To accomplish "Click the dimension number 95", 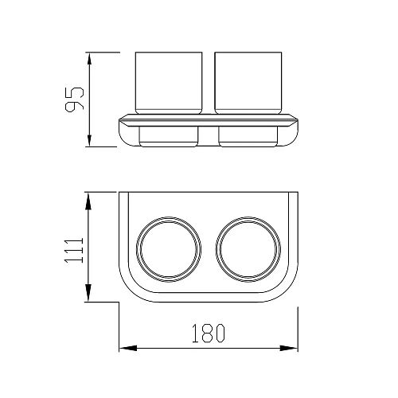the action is point(75,99).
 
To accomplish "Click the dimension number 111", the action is point(74,251).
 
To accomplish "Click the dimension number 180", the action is point(209,333).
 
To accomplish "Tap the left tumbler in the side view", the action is point(169,83).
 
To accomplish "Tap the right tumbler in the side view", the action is point(248,83).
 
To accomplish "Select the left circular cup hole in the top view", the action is point(137,249).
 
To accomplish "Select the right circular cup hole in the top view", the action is point(217,249).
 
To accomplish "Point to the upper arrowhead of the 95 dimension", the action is point(89,58).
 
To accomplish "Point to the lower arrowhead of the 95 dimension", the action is point(89,140).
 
